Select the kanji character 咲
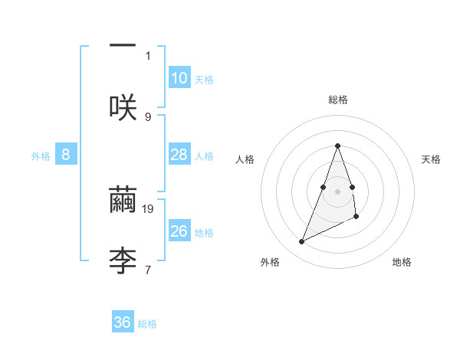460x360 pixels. [x=123, y=107]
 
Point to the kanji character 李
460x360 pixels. [x=123, y=260]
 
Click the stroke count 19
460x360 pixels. [x=149, y=208]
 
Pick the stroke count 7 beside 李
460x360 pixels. [x=148, y=269]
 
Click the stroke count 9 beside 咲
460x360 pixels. [x=148, y=116]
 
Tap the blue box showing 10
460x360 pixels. [x=179, y=78]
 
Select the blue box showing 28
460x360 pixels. [x=179, y=155]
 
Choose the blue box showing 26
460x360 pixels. [x=179, y=231]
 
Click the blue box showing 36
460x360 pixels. [x=123, y=322]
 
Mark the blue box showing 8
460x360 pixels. [x=66, y=155]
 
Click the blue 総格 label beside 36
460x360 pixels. [x=147, y=324]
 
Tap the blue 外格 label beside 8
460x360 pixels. [x=41, y=156]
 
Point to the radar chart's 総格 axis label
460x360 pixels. [x=337, y=100]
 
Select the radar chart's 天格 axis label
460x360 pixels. [x=432, y=159]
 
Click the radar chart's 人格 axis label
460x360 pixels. [x=245, y=159]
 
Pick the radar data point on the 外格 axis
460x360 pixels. [x=301, y=242]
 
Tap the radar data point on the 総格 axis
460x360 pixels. [x=337, y=146]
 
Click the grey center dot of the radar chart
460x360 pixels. [x=337, y=190]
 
